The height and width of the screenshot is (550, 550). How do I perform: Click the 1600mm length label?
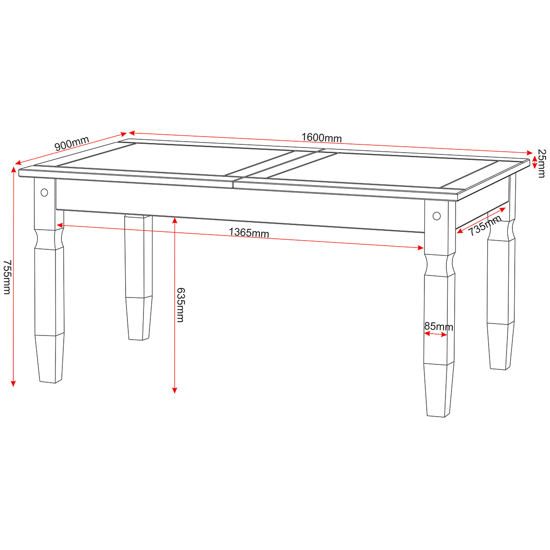[321, 138]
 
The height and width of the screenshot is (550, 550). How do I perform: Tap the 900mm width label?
[71, 143]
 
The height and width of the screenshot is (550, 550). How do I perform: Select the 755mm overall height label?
[7, 277]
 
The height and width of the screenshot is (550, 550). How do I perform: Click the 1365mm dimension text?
[249, 233]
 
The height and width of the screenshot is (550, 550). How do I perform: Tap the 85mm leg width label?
[439, 326]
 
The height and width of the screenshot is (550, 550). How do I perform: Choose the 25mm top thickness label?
[542, 164]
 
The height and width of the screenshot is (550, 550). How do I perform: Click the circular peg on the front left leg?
[44, 192]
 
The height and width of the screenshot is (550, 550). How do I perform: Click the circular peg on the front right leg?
[436, 216]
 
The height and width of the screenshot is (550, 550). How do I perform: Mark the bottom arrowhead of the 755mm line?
[13, 384]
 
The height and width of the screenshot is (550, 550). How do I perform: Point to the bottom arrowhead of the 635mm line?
[175, 390]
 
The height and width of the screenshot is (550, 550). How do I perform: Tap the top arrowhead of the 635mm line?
[175, 220]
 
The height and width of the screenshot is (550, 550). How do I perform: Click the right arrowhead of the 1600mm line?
[529, 153]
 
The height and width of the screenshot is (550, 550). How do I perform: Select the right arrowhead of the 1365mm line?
[420, 248]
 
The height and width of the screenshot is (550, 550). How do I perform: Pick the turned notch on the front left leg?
[49, 239]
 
